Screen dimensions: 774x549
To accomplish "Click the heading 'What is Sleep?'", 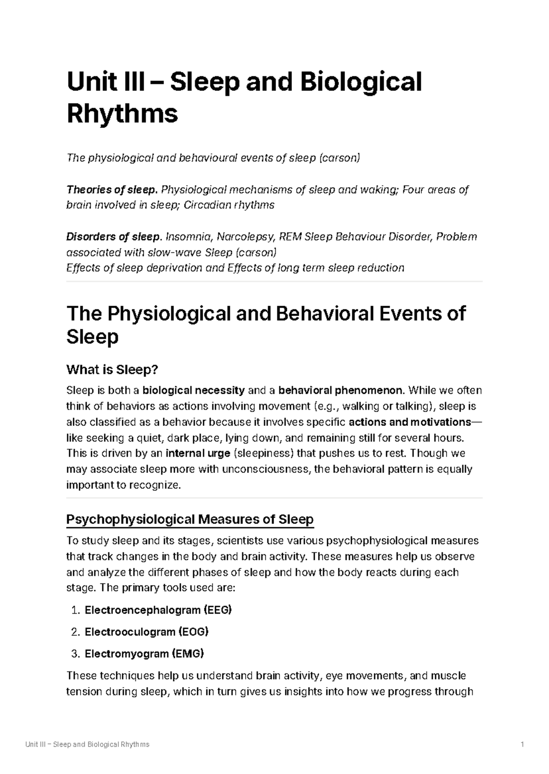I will tap(112, 369).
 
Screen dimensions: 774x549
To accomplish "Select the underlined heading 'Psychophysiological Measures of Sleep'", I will tap(190, 520).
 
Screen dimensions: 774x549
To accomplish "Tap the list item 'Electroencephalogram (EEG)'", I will tap(158, 610).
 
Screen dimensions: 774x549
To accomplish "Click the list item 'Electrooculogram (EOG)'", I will tap(146, 632).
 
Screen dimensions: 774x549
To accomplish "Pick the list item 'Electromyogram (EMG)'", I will tap(144, 654).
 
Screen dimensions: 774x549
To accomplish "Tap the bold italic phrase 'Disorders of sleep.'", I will tap(114, 237).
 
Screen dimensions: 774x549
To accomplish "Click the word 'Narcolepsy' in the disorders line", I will tap(246, 237).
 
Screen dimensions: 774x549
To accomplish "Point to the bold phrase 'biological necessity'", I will tap(194, 391).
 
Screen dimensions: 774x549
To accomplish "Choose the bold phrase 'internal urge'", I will tap(198, 454).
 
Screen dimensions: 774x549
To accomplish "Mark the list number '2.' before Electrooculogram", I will tap(76, 632).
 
